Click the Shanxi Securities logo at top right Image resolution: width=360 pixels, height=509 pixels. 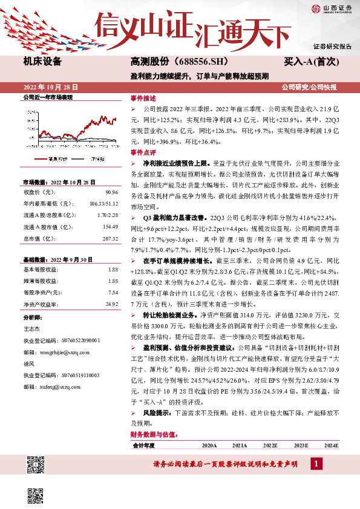(x=332, y=8)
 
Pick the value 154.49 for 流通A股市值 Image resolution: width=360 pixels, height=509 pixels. (x=111, y=226)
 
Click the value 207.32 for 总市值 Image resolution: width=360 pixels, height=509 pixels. (x=111, y=238)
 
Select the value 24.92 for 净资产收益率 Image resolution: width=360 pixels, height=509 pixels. (x=112, y=303)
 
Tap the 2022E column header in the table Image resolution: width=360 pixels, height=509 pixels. (x=270, y=445)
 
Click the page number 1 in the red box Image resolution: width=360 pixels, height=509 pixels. (x=316, y=463)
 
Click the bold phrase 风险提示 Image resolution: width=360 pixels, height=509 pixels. (x=157, y=411)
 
